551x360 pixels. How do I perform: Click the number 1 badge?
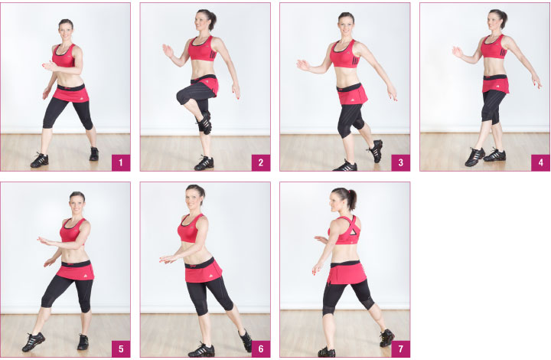pos(121,162)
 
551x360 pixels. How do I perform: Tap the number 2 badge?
pos(261,162)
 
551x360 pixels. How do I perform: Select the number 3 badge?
pos(400,162)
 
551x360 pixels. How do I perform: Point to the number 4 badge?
pos(540,162)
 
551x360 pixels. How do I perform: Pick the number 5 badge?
pos(121,349)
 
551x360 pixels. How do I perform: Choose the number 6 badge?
pos(261,349)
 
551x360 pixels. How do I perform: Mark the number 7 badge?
pos(400,349)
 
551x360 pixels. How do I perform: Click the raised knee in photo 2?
pos(184,96)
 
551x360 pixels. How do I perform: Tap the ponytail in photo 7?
pos(352,199)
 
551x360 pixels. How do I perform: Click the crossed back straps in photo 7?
pos(353,228)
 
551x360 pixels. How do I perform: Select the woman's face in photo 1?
pos(65,31)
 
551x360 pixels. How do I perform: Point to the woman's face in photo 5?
pos(77,204)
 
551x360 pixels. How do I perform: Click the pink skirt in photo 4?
pos(496,84)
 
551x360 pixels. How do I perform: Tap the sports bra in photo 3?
pos(345,54)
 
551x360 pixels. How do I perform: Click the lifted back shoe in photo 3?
pos(376,150)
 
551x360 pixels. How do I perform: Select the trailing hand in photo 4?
pos(536,81)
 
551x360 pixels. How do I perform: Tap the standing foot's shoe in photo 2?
pos(204,163)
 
